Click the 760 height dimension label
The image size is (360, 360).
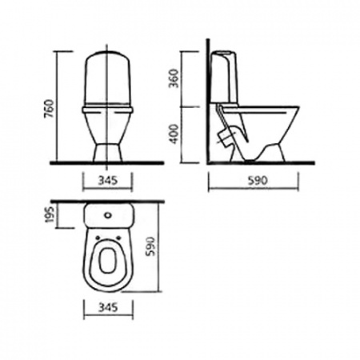pyautogui.click(x=50, y=109)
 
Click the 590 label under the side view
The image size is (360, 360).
pyautogui.click(x=257, y=181)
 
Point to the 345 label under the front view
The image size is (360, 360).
pyautogui.click(x=108, y=181)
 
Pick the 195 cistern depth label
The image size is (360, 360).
pyautogui.click(x=50, y=214)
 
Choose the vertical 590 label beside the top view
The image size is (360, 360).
pyautogui.click(x=150, y=246)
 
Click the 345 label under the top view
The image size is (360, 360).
pyautogui.click(x=108, y=307)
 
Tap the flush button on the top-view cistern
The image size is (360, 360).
pyautogui.click(x=108, y=214)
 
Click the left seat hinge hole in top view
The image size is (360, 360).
pyautogui.click(x=98, y=237)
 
